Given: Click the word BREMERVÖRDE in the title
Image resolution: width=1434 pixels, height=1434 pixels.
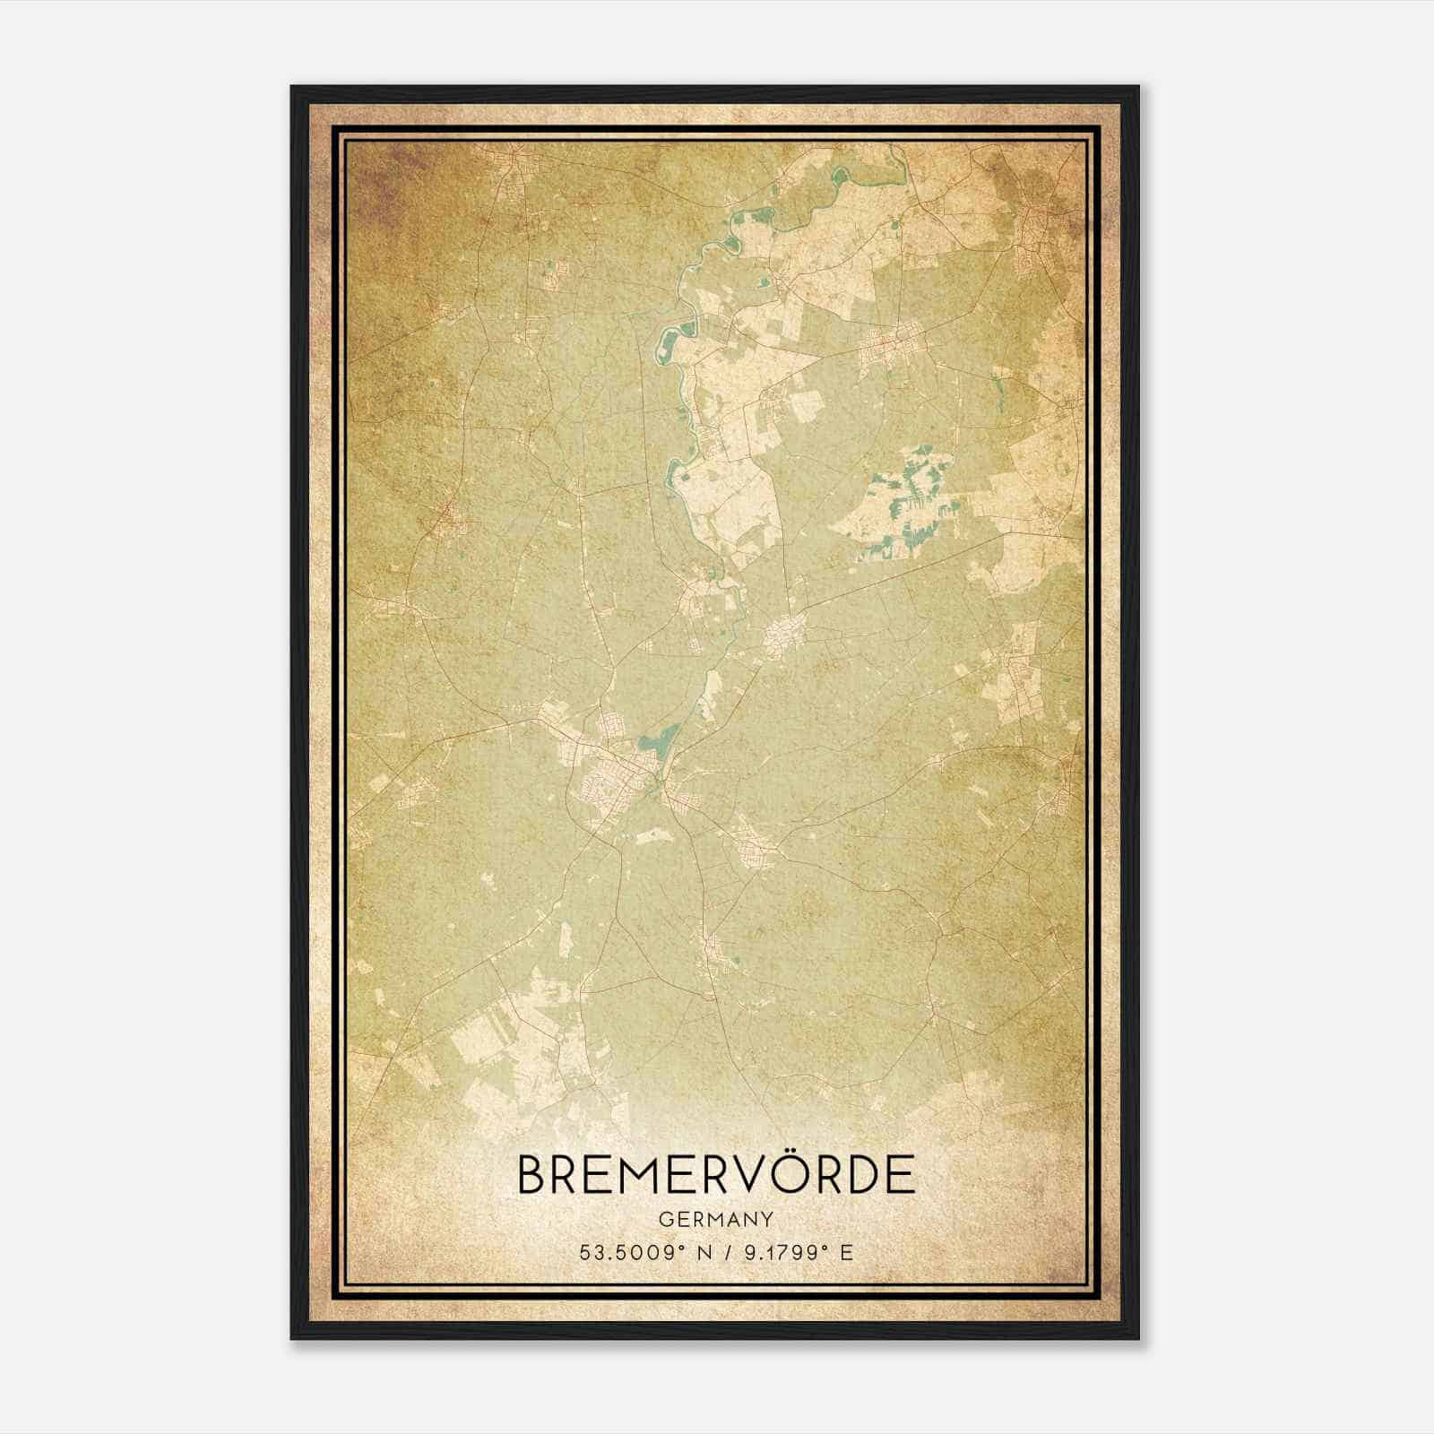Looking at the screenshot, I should pos(716,1174).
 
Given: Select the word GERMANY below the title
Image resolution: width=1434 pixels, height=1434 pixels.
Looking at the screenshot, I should pos(716,1219).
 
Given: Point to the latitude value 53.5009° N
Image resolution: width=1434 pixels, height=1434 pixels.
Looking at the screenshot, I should pos(646,1252).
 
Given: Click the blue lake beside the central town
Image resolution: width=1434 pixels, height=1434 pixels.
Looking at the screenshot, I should pos(659,741).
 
